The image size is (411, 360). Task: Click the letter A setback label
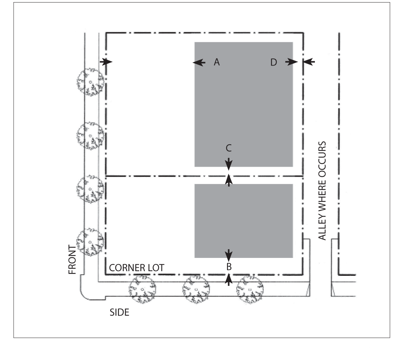coord(217,62)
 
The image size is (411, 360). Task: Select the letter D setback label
coord(274,62)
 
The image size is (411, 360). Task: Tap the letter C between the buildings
coord(228,148)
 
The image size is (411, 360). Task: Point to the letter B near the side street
coord(229,267)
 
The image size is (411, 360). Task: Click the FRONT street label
coord(72,259)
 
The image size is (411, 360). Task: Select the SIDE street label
coord(119,312)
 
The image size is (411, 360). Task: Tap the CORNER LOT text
coord(137,268)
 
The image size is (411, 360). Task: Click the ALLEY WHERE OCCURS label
coord(322,191)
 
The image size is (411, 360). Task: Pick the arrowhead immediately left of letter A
coord(199,62)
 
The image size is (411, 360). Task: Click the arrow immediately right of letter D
coord(292,62)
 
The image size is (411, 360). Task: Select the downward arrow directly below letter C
coord(228,164)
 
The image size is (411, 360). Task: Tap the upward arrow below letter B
coord(229,279)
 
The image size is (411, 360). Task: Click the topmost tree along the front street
coord(90,82)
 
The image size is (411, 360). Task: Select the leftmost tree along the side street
coord(142,289)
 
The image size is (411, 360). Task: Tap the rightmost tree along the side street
coord(250,289)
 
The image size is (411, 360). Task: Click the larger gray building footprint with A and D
coord(244,104)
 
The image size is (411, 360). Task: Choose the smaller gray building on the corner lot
coord(244,221)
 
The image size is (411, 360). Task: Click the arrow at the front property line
coord(106,62)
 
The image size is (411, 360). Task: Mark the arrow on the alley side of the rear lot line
coord(309,62)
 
